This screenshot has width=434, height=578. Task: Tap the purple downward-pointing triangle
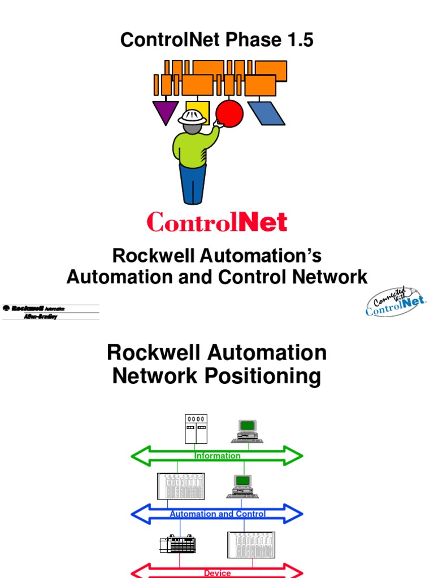(x=165, y=111)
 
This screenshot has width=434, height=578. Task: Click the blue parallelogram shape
(x=266, y=113)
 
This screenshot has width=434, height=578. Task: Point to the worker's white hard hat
(x=192, y=117)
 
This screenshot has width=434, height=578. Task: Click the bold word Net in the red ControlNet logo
(x=263, y=222)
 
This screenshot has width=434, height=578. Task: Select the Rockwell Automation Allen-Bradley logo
(x=50, y=312)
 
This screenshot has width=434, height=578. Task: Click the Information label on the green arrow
(x=218, y=456)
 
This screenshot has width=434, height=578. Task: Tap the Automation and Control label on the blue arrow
(x=218, y=514)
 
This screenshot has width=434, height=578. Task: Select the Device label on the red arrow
(x=218, y=573)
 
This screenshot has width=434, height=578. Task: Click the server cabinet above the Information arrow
(x=196, y=429)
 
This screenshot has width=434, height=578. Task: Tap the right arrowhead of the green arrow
(x=293, y=456)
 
